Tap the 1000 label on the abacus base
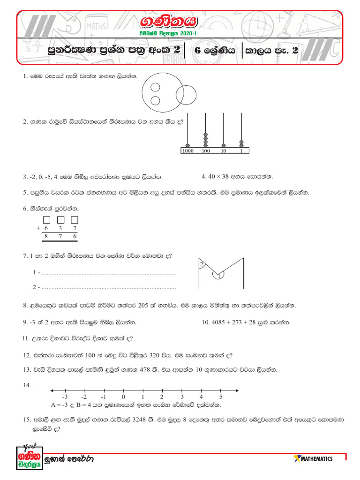pos(187,151)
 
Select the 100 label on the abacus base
pos(205,151)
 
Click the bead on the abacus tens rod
pos(224,145)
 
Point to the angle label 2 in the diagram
pos(202,265)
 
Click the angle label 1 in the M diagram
pos(218,277)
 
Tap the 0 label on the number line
pos(123,397)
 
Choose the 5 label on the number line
pos(220,397)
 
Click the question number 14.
pos(27,385)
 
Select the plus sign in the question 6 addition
pos(37,228)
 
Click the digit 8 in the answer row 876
pos(46,237)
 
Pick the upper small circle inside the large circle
pos(155,87)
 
